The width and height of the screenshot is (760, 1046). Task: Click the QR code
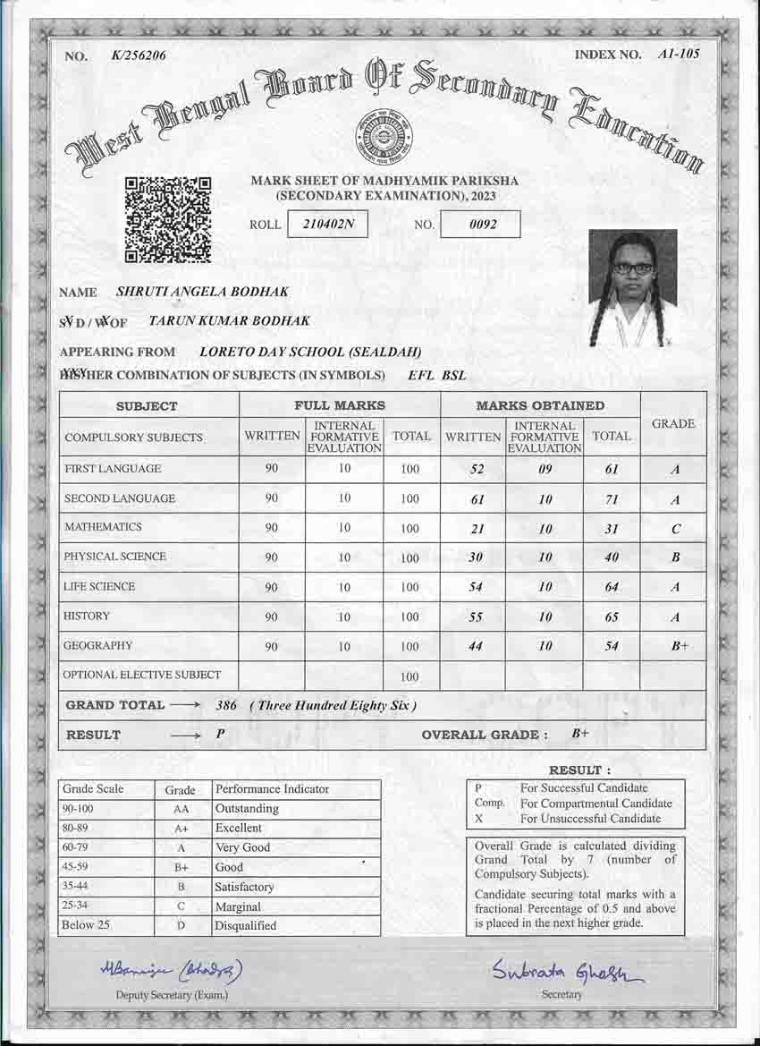pyautogui.click(x=168, y=219)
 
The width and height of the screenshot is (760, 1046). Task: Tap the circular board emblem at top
pyautogui.click(x=384, y=135)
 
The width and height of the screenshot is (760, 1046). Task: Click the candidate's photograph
pyautogui.click(x=632, y=288)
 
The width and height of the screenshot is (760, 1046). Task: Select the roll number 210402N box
pyautogui.click(x=327, y=224)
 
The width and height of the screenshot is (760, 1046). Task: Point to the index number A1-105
pyautogui.click(x=678, y=55)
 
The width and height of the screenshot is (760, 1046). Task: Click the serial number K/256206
pyautogui.click(x=139, y=55)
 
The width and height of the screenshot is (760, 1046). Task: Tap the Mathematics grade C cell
pyautogui.click(x=675, y=529)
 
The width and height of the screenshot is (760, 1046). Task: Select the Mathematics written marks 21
pyautogui.click(x=477, y=529)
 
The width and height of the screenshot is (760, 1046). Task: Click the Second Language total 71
pyautogui.click(x=612, y=499)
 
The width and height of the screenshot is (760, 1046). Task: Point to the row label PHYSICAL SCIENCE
pyautogui.click(x=114, y=557)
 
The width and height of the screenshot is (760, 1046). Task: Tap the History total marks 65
pyautogui.click(x=612, y=617)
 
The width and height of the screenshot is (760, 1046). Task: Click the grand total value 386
pyautogui.click(x=227, y=705)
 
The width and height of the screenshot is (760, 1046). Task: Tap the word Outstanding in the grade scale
pyautogui.click(x=247, y=809)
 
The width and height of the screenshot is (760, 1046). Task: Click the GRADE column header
pyautogui.click(x=673, y=424)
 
